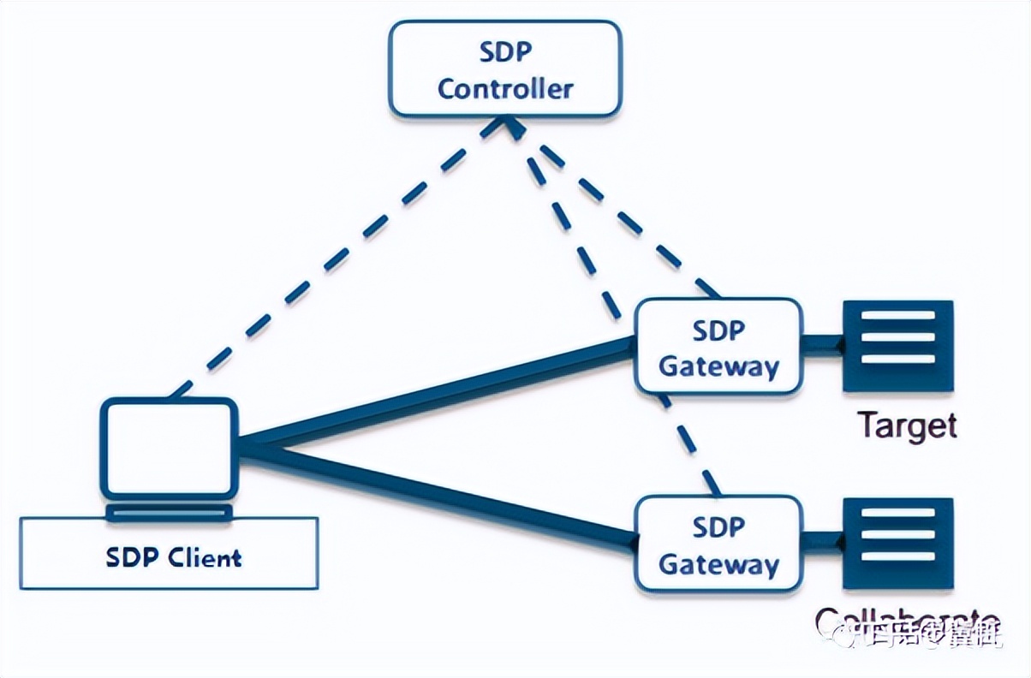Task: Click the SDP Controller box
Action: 505,68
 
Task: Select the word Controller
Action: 505,88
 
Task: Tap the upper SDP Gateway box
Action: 718,347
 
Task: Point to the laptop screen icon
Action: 169,447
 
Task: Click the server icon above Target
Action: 897,346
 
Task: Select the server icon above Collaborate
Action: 897,544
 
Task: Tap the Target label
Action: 907,425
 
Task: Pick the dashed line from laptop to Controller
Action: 343,257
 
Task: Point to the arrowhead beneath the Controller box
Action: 510,128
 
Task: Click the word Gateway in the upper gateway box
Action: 719,366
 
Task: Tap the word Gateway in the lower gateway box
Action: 719,564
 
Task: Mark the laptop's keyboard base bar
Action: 169,512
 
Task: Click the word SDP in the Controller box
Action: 505,51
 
